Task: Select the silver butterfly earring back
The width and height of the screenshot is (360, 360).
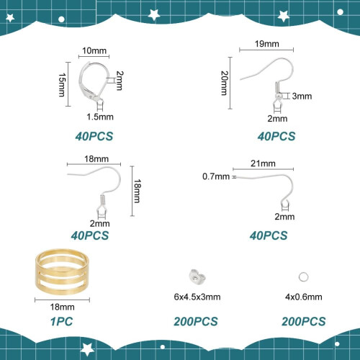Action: tap(197, 276)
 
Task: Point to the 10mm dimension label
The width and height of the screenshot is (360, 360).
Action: tap(94, 50)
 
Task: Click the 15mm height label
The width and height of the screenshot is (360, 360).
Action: tap(62, 85)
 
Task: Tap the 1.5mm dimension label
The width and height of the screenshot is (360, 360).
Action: tap(100, 117)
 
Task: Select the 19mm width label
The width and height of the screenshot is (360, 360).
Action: tap(267, 44)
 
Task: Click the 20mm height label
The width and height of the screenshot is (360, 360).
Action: tap(224, 83)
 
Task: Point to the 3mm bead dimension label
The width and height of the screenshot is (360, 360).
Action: tap(302, 96)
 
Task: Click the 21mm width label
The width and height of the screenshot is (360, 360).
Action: tap(263, 163)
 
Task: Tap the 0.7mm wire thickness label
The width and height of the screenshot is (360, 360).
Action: tap(216, 176)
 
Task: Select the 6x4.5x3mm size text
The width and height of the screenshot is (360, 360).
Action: tap(197, 297)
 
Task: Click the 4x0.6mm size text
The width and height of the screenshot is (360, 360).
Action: tap(304, 297)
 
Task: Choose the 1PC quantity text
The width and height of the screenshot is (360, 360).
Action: tap(62, 322)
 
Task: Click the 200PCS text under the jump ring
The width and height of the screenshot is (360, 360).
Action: tap(304, 322)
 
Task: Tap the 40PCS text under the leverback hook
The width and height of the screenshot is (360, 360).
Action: tap(94, 136)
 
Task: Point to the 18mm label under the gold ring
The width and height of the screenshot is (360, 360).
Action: tap(63, 307)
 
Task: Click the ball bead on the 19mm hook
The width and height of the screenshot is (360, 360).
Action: tap(279, 96)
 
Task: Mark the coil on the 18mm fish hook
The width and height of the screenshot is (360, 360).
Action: tap(102, 199)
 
